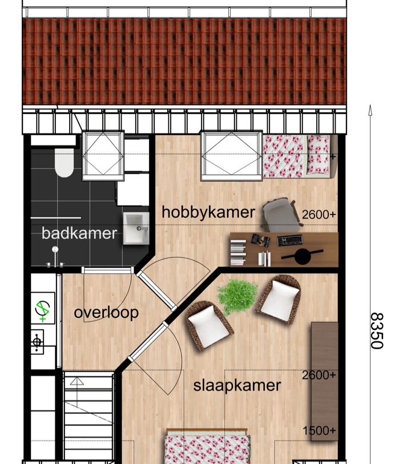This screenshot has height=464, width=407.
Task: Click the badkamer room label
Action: pos(79,233)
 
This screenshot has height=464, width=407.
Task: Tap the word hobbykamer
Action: pos(208,212)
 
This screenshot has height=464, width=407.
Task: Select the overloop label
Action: pos(106,313)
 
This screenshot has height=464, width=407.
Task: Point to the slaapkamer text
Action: pos(237,385)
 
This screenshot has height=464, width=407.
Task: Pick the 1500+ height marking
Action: pos(319,430)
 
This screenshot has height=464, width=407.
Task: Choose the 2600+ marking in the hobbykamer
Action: pos(319,215)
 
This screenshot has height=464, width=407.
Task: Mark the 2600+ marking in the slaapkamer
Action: pos(319,375)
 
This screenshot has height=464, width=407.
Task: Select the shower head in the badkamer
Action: pos(55,250)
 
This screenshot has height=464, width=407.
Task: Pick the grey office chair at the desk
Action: pos(282,215)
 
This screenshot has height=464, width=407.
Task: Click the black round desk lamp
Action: pos(303,256)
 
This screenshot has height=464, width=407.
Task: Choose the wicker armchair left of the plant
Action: pos(209,326)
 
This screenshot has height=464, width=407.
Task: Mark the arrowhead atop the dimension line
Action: pos(370,109)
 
